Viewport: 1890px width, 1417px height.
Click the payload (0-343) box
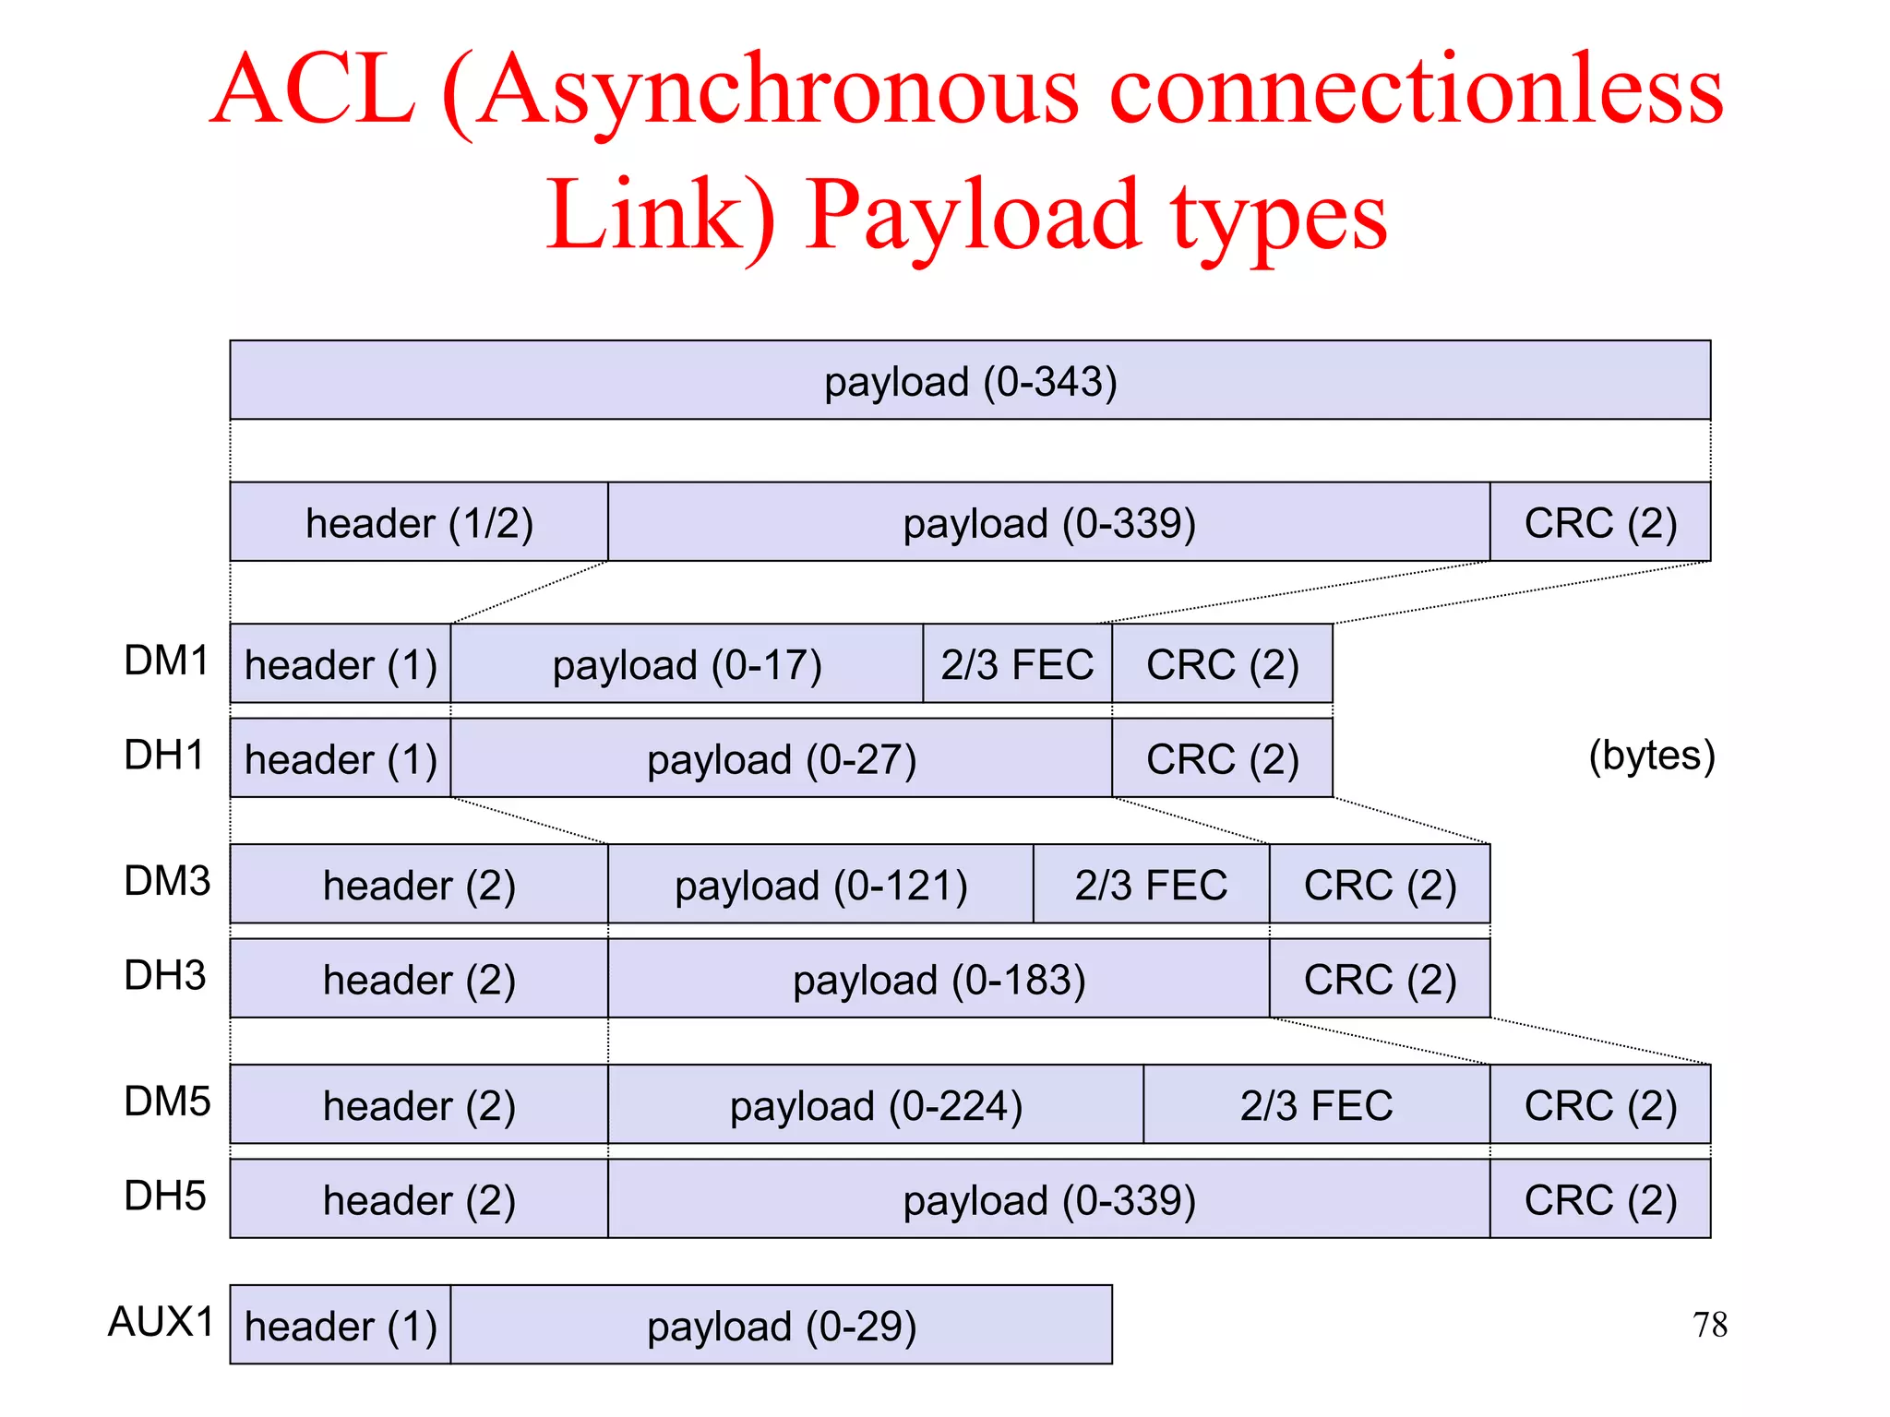(x=969, y=380)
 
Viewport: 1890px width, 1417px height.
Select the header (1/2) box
(x=419, y=522)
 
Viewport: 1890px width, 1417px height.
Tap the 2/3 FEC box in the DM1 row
(x=1017, y=664)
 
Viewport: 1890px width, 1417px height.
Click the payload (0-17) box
(x=687, y=664)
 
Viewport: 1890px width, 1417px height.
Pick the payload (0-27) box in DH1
(x=781, y=758)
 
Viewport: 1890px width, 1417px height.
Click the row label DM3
(x=167, y=881)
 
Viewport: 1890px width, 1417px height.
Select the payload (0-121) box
(x=820, y=885)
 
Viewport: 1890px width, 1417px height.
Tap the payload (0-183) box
(x=939, y=979)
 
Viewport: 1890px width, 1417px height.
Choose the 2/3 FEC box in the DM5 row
(x=1316, y=1105)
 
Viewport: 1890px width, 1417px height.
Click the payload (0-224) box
(x=876, y=1105)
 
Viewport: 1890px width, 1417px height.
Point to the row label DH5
(x=165, y=1196)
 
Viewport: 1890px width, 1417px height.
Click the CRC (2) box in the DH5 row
(x=1600, y=1199)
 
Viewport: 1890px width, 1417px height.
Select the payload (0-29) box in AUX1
(x=781, y=1326)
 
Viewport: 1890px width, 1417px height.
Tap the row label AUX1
(x=161, y=1322)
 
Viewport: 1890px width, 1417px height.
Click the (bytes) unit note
(x=1651, y=755)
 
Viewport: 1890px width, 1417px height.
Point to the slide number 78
(x=1710, y=1325)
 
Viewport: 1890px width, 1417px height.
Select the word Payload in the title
(x=973, y=218)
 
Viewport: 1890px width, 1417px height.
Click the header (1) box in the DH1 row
(x=341, y=758)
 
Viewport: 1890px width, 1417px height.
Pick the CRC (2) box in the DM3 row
(x=1380, y=885)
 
